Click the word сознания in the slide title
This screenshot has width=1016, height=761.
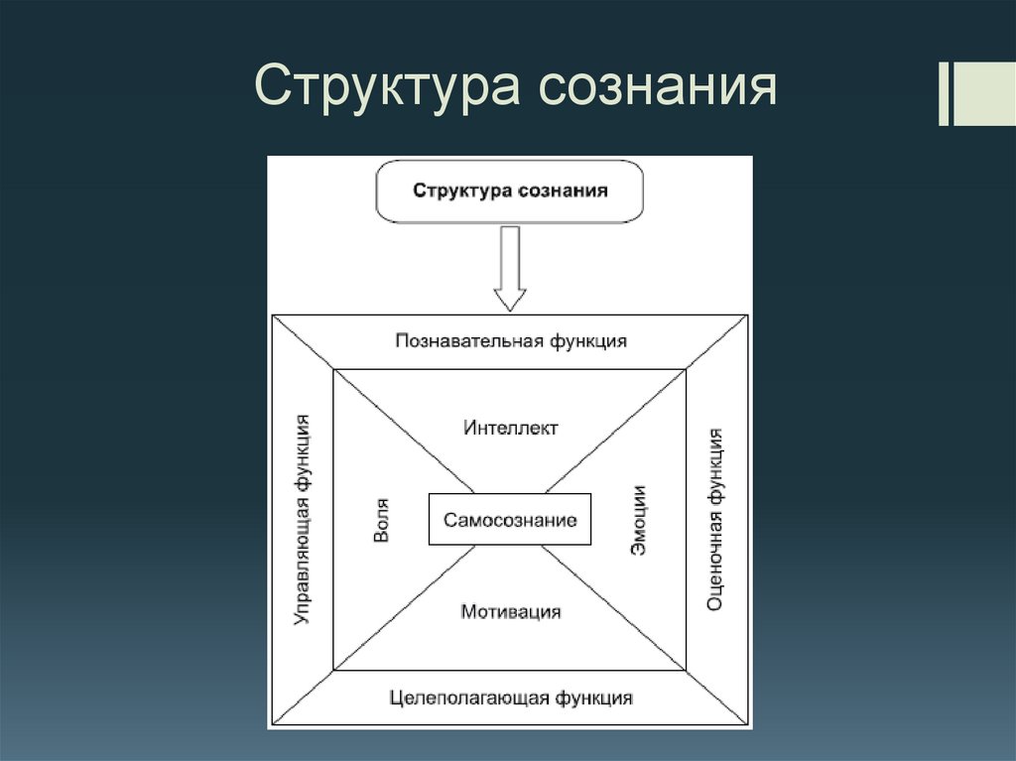(x=657, y=87)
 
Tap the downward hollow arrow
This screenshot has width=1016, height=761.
(x=510, y=268)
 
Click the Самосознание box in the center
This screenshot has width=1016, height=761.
(x=510, y=519)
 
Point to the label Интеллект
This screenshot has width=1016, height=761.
(x=510, y=428)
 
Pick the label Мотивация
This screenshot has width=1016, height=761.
(x=510, y=611)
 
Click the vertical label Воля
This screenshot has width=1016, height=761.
(x=381, y=520)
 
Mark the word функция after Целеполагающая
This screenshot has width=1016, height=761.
(x=593, y=698)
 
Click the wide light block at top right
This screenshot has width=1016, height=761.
(x=984, y=95)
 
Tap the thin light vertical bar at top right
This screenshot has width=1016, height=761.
(x=943, y=95)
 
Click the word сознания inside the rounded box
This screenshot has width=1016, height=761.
(x=562, y=190)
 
